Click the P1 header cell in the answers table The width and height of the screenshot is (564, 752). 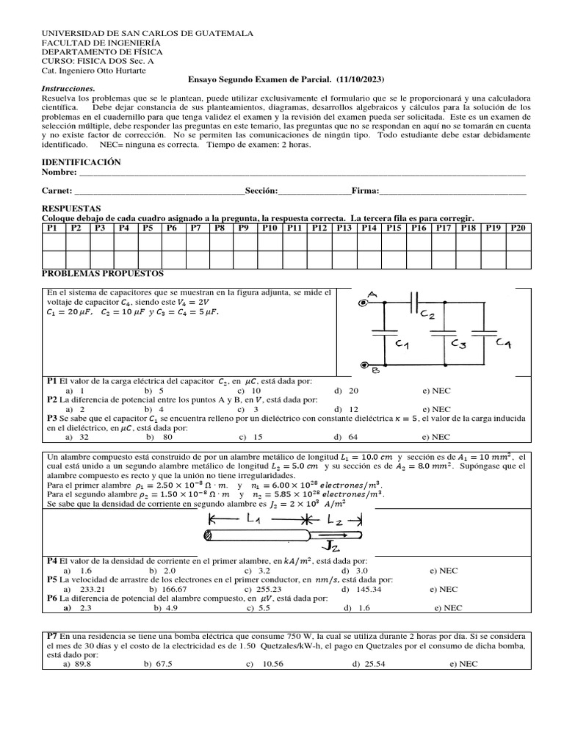click(51, 228)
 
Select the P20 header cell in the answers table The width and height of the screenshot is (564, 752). click(518, 228)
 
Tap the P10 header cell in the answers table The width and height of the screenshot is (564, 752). click(270, 228)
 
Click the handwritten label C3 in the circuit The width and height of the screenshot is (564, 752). click(459, 343)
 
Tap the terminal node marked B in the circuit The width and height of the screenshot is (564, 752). click(364, 365)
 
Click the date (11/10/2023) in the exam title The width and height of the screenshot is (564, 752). click(360, 79)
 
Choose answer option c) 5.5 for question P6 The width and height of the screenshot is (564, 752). click(260, 607)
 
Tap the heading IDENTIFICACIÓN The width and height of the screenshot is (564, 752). click(82, 162)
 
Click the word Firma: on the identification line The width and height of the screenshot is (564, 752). click(365, 191)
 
